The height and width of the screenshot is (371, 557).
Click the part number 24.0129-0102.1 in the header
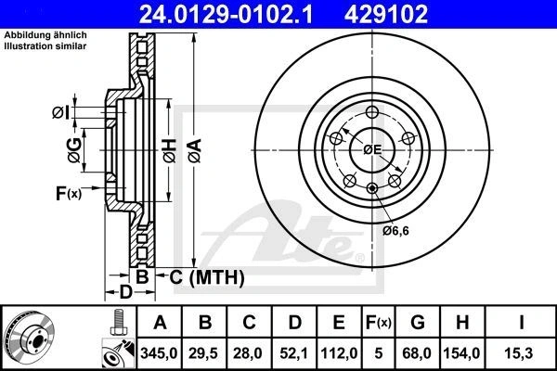(x=226, y=14)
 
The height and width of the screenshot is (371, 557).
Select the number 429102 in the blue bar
(x=386, y=14)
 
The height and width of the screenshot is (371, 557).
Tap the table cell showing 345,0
(x=159, y=353)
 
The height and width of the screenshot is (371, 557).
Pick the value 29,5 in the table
(x=204, y=353)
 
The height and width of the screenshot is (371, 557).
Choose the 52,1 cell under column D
(x=293, y=353)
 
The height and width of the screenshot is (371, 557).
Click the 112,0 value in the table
(x=339, y=353)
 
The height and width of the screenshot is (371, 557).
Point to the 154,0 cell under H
(x=461, y=353)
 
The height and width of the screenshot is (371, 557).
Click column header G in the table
(x=417, y=323)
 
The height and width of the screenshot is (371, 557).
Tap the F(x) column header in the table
(x=378, y=323)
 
